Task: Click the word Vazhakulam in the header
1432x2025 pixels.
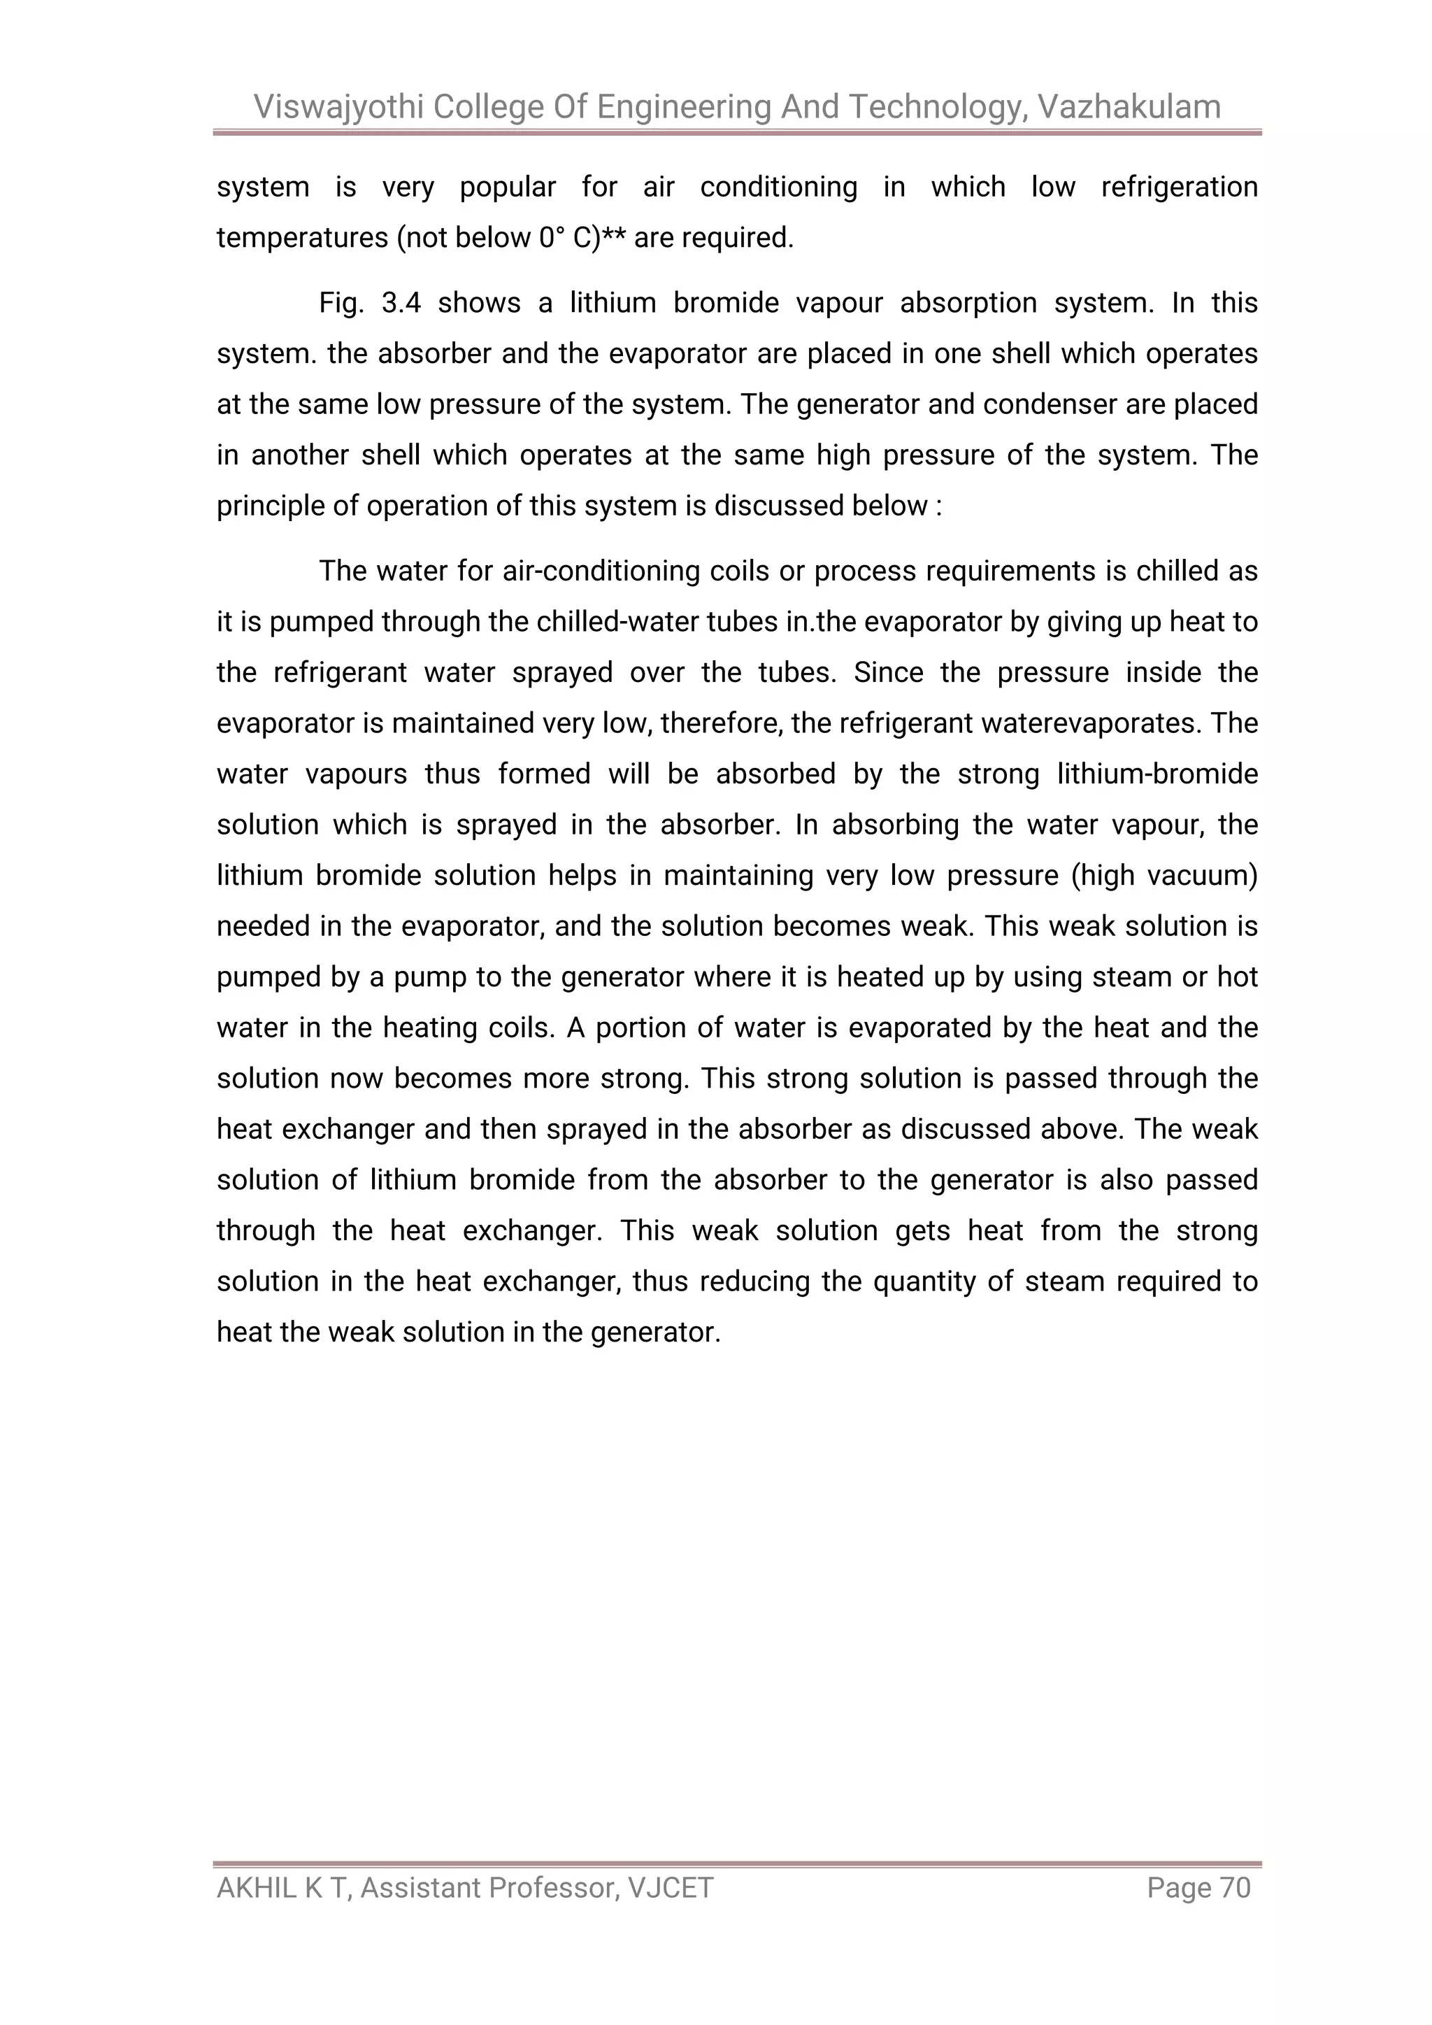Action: point(1129,107)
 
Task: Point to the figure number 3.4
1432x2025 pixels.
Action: point(401,302)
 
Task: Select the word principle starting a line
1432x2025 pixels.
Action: point(269,507)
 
